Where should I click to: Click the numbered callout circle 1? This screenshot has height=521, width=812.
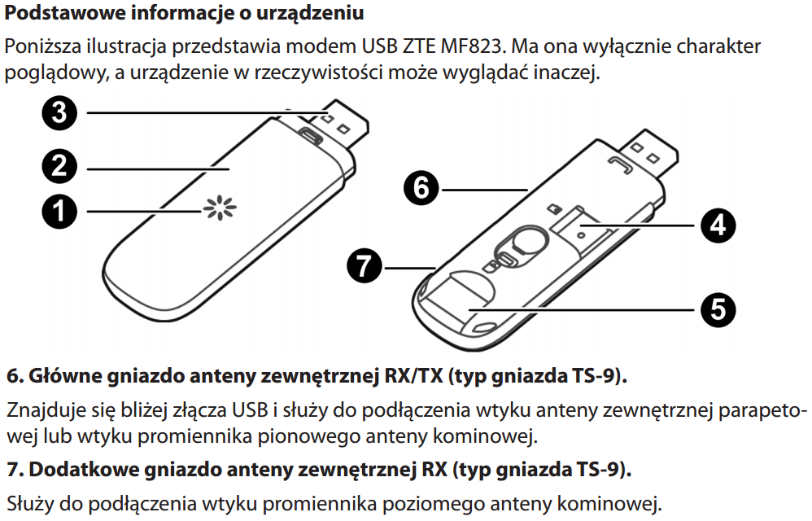[x=59, y=212]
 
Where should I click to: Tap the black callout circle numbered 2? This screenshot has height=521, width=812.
[x=59, y=166]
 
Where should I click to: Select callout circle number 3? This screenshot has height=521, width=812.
[x=59, y=113]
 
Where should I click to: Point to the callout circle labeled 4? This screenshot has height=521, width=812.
[x=718, y=225]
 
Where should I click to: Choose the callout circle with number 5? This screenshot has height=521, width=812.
[x=718, y=309]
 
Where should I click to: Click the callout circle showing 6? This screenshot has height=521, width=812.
[x=421, y=187]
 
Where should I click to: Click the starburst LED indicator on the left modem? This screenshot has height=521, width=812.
[x=220, y=208]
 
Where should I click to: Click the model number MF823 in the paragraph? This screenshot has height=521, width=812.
[x=471, y=46]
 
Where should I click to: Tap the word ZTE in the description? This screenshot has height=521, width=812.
[x=418, y=46]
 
